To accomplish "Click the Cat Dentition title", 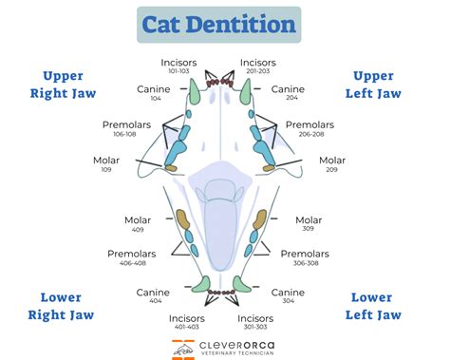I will tap(218, 25).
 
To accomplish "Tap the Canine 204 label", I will tap(289, 93).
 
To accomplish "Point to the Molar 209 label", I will tap(332, 164).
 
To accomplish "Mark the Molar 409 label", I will tap(139, 225).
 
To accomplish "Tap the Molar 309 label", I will tap(309, 225).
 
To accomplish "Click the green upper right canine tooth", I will tap(194, 91).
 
